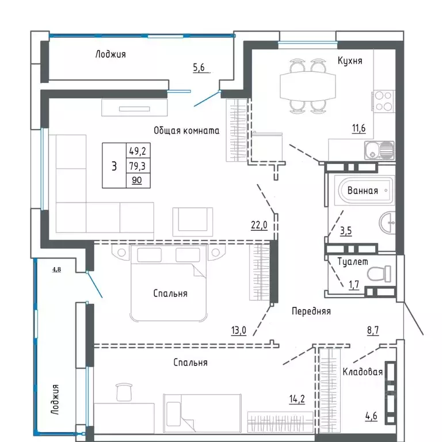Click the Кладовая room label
363,372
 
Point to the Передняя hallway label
311,311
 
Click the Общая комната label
186,131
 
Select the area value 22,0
258,226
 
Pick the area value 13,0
238,330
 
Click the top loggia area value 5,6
199,67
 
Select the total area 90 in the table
138,180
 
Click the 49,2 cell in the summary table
138,151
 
